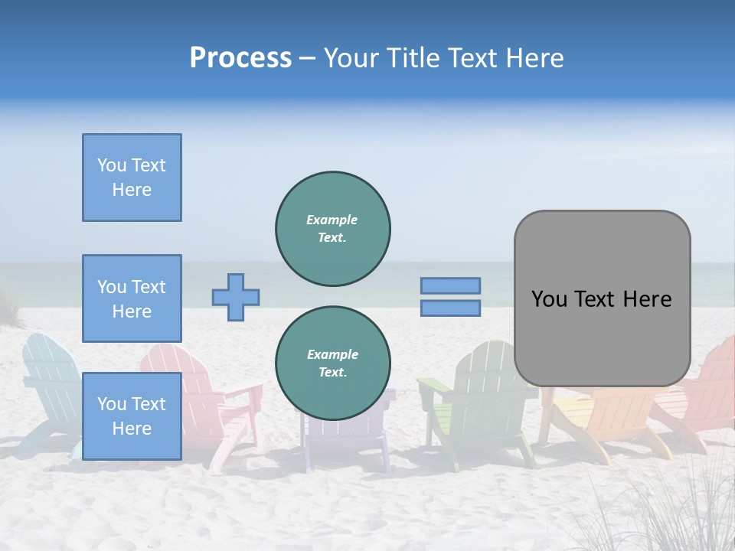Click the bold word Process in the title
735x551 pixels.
click(x=240, y=58)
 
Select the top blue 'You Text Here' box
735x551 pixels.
click(x=132, y=178)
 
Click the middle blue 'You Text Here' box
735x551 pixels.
click(x=132, y=298)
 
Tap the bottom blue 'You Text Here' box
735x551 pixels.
click(x=132, y=416)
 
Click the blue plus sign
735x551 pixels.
click(x=236, y=297)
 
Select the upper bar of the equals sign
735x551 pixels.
click(x=450, y=285)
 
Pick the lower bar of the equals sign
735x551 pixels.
click(x=450, y=308)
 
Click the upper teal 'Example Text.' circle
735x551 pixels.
click(x=333, y=229)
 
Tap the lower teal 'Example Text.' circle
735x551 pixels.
click(x=333, y=364)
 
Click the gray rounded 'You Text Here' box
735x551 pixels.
click(x=602, y=298)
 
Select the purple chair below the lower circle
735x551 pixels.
click(x=345, y=440)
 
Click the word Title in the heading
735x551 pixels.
click(x=416, y=58)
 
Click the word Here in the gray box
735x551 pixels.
click(x=647, y=298)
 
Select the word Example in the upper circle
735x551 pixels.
click(x=332, y=220)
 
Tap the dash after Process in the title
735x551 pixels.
click(x=307, y=58)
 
